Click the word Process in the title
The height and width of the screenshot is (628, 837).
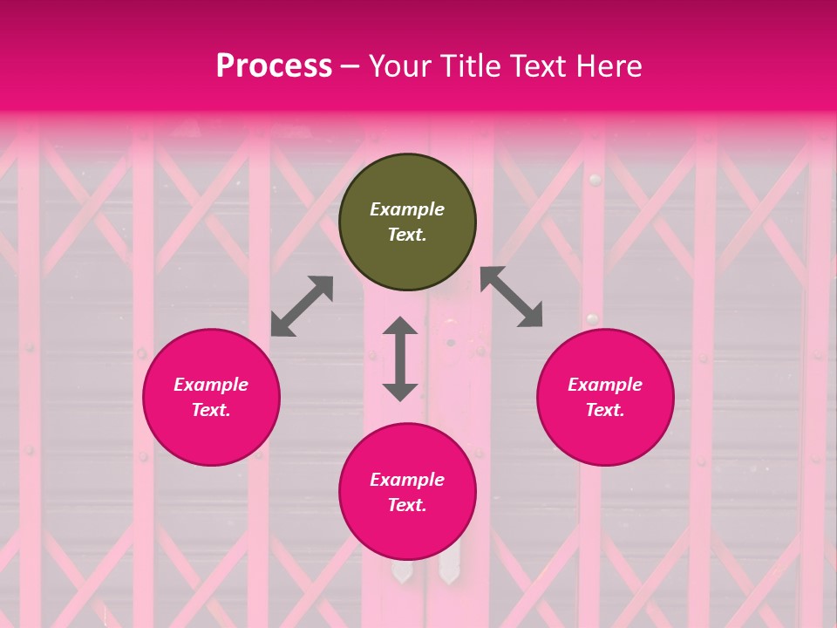point(274,66)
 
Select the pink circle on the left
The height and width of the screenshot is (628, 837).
point(211,436)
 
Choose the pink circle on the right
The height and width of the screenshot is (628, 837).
point(605,436)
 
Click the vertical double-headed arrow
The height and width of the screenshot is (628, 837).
point(400,358)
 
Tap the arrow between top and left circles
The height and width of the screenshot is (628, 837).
point(302,305)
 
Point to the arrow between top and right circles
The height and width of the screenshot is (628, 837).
point(511,297)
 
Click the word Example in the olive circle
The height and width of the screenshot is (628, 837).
point(407,209)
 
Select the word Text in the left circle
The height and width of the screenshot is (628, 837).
point(211,410)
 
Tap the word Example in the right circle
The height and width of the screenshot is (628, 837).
point(605,385)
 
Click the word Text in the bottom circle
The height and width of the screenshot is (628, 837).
point(407,505)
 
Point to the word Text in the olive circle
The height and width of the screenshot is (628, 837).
point(407,235)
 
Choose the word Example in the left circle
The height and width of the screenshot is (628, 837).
point(211,385)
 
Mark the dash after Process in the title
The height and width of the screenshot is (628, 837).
point(350,67)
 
